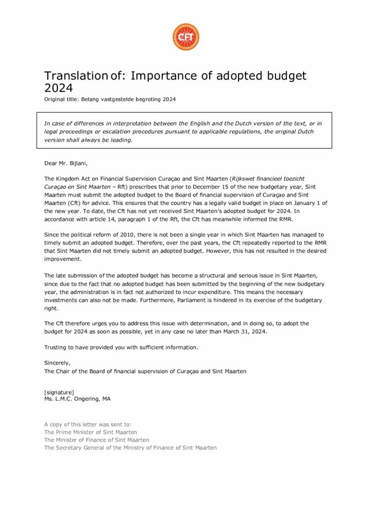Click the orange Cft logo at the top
[x=185, y=37]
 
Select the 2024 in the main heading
[x=58, y=89]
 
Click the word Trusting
[x=55, y=347]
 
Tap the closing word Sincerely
[x=57, y=363]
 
